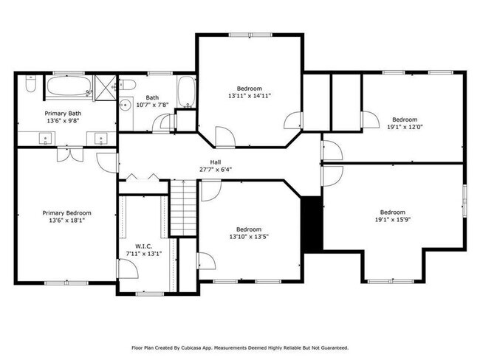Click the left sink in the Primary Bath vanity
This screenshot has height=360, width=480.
click(x=46, y=137)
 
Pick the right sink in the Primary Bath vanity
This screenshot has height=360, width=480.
click(x=100, y=137)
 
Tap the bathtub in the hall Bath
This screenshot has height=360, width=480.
click(x=186, y=93)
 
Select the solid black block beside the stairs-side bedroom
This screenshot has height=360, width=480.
click(x=312, y=223)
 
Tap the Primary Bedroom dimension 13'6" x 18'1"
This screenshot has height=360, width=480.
click(x=66, y=220)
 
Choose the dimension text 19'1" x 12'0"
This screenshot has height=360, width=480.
click(x=404, y=127)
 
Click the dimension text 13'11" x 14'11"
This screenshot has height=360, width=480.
click(x=249, y=96)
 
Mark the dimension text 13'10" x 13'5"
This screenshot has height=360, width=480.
click(x=249, y=237)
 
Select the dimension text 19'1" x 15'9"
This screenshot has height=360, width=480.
click(x=393, y=219)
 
